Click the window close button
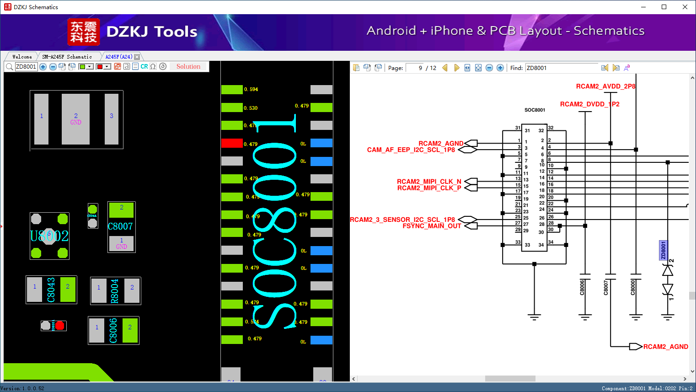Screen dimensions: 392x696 click(x=685, y=7)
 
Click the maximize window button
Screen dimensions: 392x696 click(x=664, y=7)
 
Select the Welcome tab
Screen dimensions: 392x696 click(x=22, y=57)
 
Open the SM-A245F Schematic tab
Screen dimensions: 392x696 click(x=67, y=57)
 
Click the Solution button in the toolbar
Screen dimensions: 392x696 click(x=188, y=67)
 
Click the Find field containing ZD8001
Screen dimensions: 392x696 click(x=562, y=68)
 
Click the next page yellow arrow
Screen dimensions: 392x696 click(x=456, y=68)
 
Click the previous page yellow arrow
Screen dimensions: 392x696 click(x=445, y=68)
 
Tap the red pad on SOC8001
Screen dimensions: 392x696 click(x=232, y=143)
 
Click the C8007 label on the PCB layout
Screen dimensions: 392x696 click(x=120, y=226)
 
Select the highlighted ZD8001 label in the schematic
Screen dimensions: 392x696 click(x=664, y=250)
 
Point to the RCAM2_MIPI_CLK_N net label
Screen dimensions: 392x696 click(x=429, y=182)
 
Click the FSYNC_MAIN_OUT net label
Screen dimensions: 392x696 click(x=432, y=226)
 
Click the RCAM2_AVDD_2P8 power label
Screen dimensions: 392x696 click(x=605, y=86)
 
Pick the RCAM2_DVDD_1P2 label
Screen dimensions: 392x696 click(x=589, y=104)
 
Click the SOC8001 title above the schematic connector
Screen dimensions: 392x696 click(x=535, y=110)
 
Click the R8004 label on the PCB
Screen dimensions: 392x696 click(x=115, y=291)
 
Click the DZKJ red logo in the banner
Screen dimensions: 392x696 click(x=83, y=32)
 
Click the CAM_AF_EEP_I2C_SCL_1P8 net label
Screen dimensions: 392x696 click(x=411, y=150)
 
